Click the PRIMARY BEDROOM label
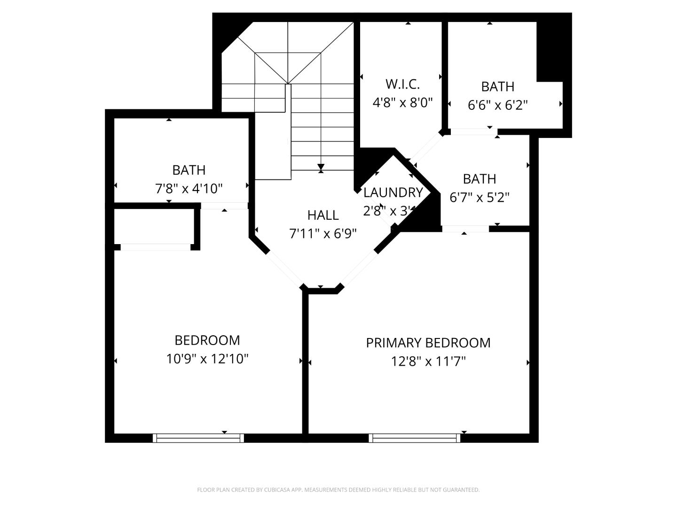tap(428, 343)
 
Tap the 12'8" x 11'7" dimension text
tap(428, 361)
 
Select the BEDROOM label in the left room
tap(207, 340)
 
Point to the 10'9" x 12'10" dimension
tap(207, 359)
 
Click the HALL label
tap(323, 215)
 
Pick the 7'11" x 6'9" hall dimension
tap(323, 233)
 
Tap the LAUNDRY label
tap(393, 192)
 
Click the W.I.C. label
tap(402, 84)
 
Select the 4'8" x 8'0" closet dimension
tap(402, 102)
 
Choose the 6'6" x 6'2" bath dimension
tap(497, 105)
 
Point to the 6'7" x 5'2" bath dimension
tap(480, 197)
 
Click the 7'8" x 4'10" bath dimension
tap(189, 189)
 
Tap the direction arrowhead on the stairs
tap(321, 167)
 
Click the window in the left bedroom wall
tap(198, 438)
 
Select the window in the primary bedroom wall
tap(414, 438)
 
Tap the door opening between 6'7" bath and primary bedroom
tap(465, 229)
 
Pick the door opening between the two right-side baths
tap(472, 132)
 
